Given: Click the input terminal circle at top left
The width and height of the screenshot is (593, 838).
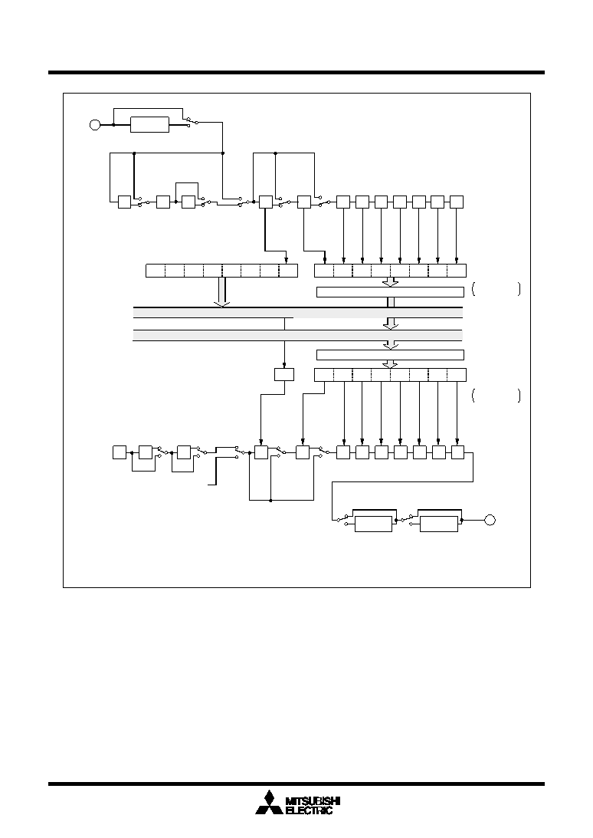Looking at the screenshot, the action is pyautogui.click(x=95, y=125).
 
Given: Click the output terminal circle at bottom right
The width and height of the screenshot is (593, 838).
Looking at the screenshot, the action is pyautogui.click(x=490, y=520).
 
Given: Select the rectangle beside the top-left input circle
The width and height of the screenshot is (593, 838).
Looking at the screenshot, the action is pyautogui.click(x=149, y=124).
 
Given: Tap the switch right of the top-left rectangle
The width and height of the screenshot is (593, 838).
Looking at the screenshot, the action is pyautogui.click(x=192, y=121).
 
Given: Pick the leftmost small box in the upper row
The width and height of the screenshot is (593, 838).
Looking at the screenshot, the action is pyautogui.click(x=124, y=202).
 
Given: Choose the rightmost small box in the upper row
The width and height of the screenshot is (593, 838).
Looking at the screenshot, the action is pyautogui.click(x=456, y=202).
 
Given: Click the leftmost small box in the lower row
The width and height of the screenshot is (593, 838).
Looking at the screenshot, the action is pyautogui.click(x=120, y=452).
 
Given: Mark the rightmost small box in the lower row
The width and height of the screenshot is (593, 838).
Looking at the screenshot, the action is pyautogui.click(x=458, y=452).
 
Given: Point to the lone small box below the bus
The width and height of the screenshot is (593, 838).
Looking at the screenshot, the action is pyautogui.click(x=284, y=374).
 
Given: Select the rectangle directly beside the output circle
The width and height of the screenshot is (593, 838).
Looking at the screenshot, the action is pyautogui.click(x=438, y=524).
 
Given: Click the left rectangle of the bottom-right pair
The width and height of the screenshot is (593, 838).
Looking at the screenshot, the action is pyautogui.click(x=373, y=524).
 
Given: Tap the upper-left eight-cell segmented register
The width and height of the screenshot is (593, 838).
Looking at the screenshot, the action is pyautogui.click(x=221, y=271).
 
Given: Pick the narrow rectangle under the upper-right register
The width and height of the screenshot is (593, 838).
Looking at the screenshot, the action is pyautogui.click(x=390, y=292).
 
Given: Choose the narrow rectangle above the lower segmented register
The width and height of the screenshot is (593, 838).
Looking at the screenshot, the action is pyautogui.click(x=390, y=355).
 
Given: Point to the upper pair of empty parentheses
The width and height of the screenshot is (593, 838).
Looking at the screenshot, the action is pyautogui.click(x=496, y=289).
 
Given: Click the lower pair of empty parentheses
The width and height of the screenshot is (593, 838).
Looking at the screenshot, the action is pyautogui.click(x=496, y=396).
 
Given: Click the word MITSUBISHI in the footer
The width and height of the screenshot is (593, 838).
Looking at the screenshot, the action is pyautogui.click(x=313, y=801).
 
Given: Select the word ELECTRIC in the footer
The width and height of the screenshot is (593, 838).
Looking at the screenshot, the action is pyautogui.click(x=310, y=810).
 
